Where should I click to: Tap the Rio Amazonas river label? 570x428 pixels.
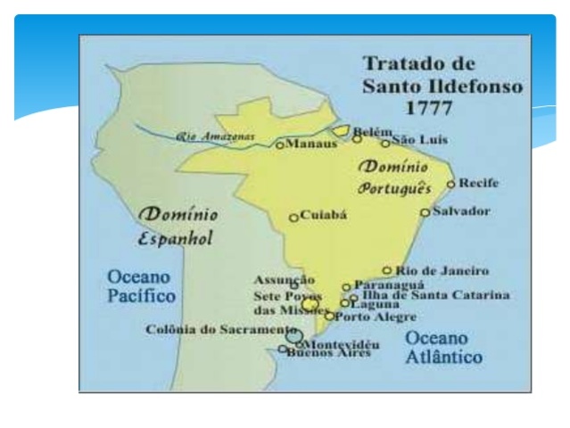[215, 137]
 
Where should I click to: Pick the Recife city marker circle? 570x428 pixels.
[451, 185]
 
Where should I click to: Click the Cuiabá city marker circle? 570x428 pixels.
[293, 218]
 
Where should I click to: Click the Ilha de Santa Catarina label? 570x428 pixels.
[434, 295]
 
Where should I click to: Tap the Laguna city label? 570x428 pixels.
[375, 305]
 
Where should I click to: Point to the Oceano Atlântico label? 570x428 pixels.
[444, 349]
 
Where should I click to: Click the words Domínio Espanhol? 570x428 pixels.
[175, 228]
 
